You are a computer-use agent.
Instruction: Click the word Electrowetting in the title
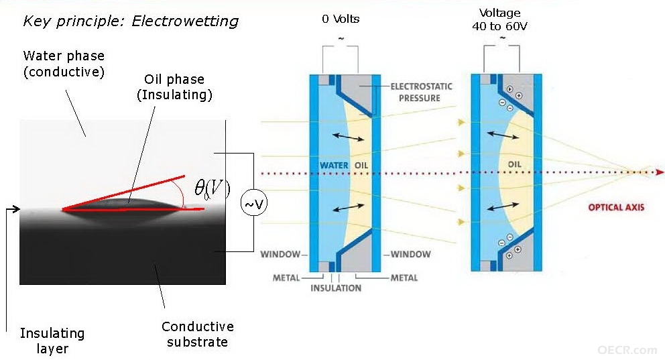point(185,21)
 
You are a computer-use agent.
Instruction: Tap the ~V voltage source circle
point(254,204)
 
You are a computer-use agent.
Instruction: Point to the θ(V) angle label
point(212,188)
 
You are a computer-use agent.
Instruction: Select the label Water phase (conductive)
point(64,64)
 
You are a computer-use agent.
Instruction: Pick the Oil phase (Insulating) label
point(174,87)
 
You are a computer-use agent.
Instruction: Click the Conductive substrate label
point(198,334)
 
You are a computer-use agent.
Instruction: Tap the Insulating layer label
point(52,341)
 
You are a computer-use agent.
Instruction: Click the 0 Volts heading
point(341,19)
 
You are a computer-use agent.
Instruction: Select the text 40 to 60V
point(499,26)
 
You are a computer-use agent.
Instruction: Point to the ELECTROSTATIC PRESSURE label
point(421,92)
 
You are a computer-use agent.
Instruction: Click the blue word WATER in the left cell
point(334,166)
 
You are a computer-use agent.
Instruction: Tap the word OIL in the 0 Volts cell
point(361,166)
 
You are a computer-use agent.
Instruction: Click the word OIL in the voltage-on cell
point(514,164)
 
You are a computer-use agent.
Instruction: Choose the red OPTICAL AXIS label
point(616,207)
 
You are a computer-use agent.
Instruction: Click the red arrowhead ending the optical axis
point(660,172)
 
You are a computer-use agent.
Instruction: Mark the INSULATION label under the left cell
point(336,288)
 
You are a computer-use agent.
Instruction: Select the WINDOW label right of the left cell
point(410,255)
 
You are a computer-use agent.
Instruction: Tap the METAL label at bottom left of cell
point(286,278)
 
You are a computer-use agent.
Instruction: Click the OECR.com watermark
point(627,350)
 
